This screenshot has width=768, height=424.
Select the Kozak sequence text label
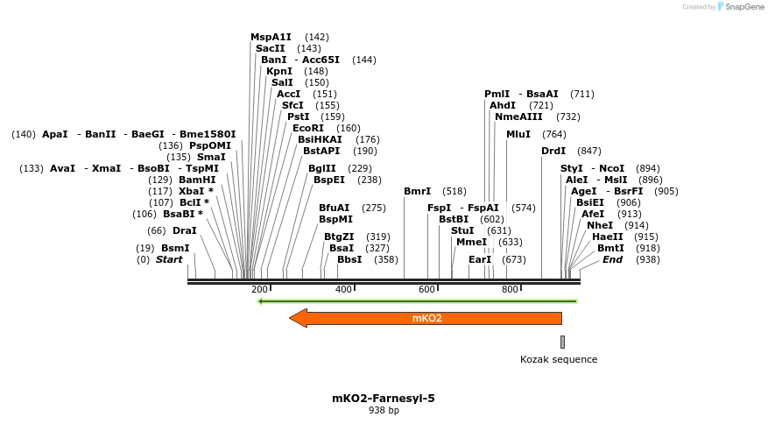point(559,359)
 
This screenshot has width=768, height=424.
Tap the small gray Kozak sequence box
point(562,342)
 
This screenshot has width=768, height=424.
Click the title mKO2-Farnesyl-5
point(383,398)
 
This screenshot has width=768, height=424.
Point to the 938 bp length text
point(384,410)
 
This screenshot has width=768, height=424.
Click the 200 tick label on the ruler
point(259,290)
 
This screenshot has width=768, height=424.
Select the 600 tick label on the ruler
point(426,290)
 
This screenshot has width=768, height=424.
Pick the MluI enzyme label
point(518,134)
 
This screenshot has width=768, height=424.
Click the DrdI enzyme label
point(553,151)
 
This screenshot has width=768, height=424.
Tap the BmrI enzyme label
point(417,191)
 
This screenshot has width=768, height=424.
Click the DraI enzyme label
point(184,230)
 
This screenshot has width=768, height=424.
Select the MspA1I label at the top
point(271,37)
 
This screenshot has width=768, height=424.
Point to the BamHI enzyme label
point(197,180)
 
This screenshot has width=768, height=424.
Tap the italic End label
point(612,259)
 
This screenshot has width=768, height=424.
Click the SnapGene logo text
point(741,7)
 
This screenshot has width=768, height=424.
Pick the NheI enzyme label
point(600,225)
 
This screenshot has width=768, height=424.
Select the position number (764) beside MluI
point(554,134)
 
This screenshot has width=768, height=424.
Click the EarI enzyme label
point(480,259)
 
